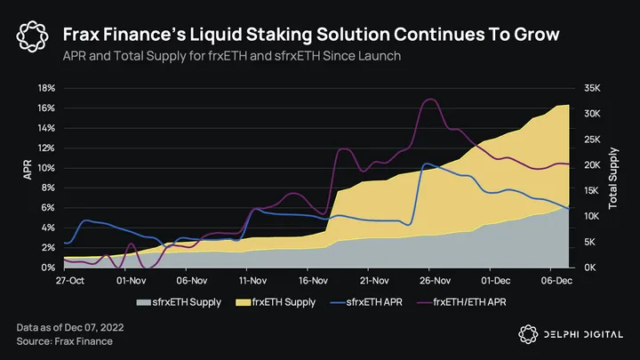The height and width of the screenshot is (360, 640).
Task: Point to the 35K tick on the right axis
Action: [593, 88]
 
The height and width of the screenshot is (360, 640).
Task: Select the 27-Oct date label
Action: [69, 280]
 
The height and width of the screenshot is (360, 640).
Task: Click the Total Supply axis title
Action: [613, 178]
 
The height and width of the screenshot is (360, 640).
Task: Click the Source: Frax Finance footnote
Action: [64, 342]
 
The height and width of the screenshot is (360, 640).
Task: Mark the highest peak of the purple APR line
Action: [430, 100]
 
